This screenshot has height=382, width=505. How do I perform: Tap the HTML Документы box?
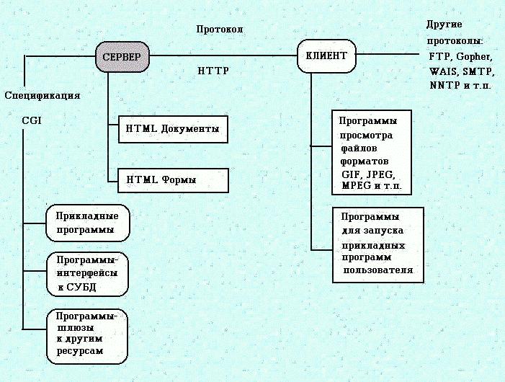click(172, 129)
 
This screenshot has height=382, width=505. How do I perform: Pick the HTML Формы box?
click(172, 180)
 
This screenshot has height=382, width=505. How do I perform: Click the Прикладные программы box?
click(88, 223)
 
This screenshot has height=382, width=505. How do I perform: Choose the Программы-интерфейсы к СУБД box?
click(87, 274)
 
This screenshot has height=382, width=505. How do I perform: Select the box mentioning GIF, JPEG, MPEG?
click(374, 151)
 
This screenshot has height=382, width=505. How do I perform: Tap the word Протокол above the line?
click(220, 30)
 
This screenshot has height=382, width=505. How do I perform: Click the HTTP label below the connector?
click(213, 71)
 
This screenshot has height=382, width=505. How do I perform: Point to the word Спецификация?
click(42, 95)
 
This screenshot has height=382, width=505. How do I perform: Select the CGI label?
click(32, 121)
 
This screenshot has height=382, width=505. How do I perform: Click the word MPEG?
click(357, 186)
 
